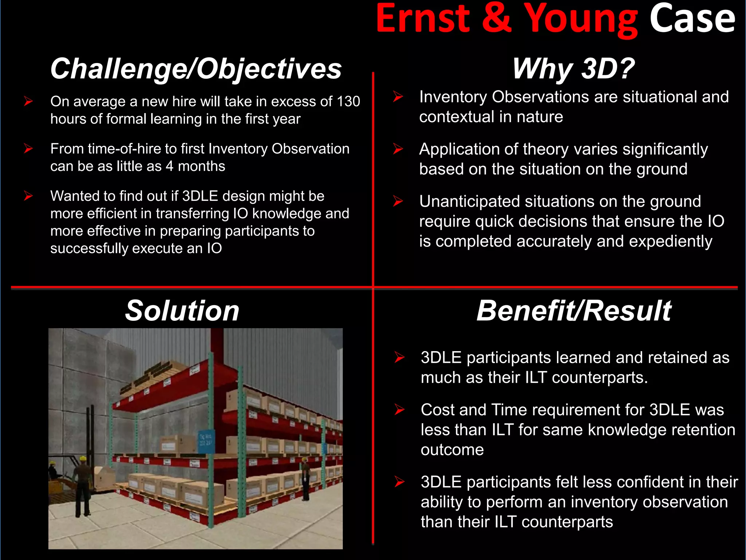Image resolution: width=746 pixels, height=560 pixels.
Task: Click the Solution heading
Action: pos(182,311)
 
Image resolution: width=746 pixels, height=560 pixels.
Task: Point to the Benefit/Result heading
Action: pos(574,311)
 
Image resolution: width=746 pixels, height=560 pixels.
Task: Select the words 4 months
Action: pos(196,166)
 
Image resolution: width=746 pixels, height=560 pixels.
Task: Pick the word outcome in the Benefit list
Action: pos(452,450)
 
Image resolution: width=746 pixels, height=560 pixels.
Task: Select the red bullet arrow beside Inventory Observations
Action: pos(398,97)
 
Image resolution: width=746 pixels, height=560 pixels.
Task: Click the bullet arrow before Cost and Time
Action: pos(399,410)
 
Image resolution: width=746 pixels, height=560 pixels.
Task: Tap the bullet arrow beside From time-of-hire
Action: pos(28,149)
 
